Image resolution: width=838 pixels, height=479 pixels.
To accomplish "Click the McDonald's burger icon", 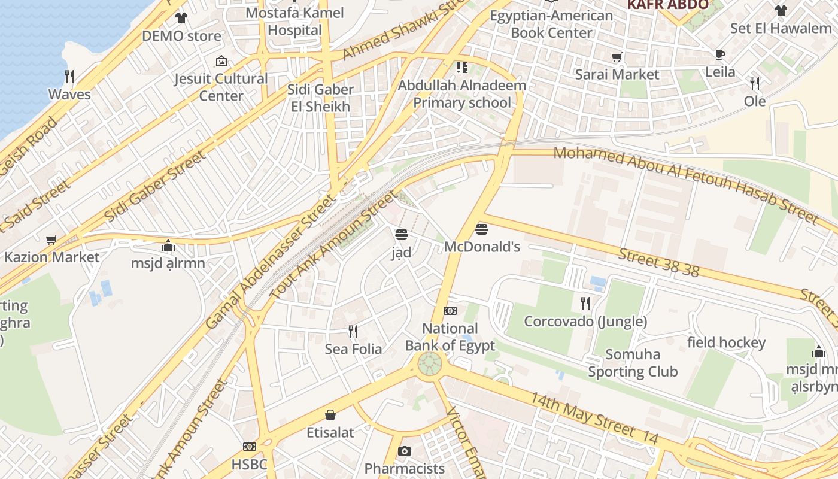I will [482, 229].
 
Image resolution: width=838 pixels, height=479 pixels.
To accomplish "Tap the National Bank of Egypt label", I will [450, 337].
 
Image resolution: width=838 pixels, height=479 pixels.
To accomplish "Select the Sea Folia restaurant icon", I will [353, 331].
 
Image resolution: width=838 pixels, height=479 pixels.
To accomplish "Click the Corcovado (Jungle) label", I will [585, 322].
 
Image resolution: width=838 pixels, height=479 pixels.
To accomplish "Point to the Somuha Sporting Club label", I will [633, 363].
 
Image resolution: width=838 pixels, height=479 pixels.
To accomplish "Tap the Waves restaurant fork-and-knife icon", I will [69, 76].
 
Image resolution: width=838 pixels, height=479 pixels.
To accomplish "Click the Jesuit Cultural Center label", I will [221, 87].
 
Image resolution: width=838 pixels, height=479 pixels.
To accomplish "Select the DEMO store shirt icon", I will [181, 18].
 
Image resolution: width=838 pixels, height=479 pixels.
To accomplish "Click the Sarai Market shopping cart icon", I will [617, 57].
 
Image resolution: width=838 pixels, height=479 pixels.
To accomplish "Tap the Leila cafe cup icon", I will [720, 54].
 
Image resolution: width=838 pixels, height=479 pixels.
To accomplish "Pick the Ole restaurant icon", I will [754, 83].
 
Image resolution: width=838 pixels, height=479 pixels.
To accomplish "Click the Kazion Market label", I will [51, 257].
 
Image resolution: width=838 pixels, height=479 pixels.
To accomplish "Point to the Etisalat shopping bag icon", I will [330, 415].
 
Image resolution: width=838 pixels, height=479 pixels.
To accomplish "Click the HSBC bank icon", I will [250, 447].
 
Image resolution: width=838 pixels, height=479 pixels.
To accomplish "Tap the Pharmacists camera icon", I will [405, 451].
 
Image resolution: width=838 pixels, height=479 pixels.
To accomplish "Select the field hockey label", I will [726, 342].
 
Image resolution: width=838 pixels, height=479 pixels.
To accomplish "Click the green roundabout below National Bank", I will [429, 363].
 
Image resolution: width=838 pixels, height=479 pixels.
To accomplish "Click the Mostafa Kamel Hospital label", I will [294, 22].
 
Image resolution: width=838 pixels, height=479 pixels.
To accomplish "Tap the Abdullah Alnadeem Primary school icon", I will [461, 68].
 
